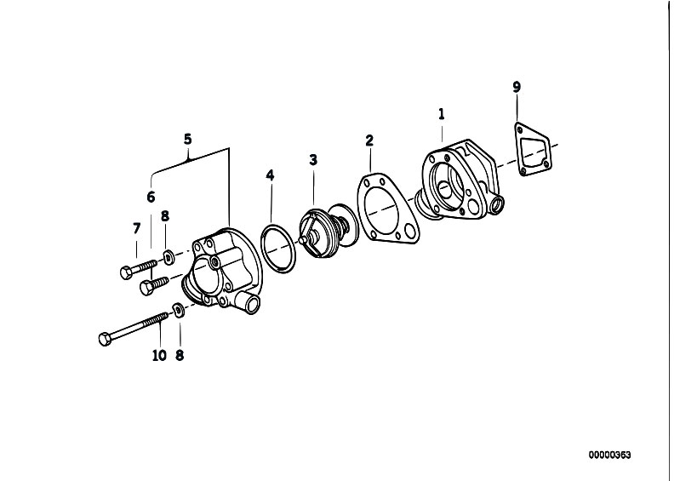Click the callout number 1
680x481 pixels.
(441, 113)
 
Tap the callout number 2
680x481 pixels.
(369, 140)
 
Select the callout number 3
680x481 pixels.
(313, 159)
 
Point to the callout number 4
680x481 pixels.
(270, 176)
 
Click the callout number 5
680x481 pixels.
(188, 138)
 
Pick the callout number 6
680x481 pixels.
(151, 197)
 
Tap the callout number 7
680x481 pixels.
(136, 227)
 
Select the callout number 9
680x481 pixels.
(517, 87)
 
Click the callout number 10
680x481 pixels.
(159, 355)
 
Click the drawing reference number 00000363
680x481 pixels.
(609, 455)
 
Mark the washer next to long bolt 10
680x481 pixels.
(178, 310)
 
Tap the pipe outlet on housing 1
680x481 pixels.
(496, 205)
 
